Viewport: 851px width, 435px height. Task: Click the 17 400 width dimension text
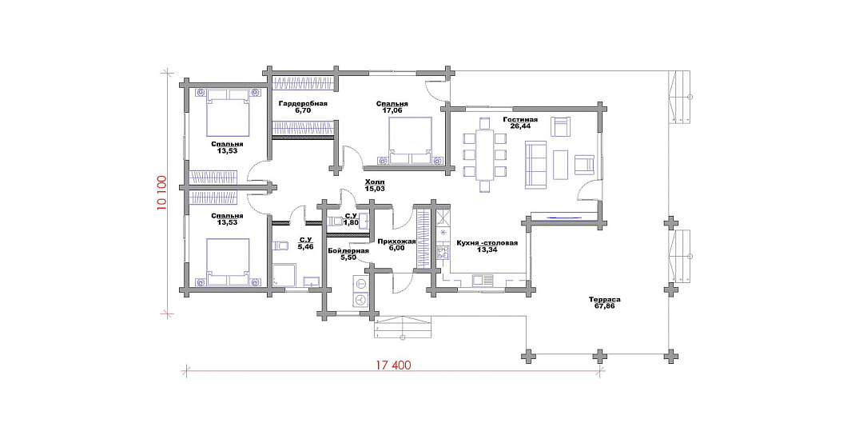pyautogui.click(x=393, y=365)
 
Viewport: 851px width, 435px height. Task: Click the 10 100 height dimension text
pyautogui.click(x=161, y=192)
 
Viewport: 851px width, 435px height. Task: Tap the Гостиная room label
pyautogui.click(x=520, y=119)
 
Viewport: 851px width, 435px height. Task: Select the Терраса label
pyautogui.click(x=605, y=299)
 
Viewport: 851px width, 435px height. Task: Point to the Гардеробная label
pyautogui.click(x=303, y=103)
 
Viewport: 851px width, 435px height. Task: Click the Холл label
pyautogui.click(x=374, y=182)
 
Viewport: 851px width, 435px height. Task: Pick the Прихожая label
pyautogui.click(x=397, y=241)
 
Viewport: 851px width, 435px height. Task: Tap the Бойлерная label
pyautogui.click(x=348, y=251)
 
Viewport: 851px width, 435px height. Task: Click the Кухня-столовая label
pyautogui.click(x=487, y=243)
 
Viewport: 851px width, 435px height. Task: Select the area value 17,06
pyautogui.click(x=392, y=110)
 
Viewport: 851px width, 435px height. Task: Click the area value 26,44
pyautogui.click(x=520, y=126)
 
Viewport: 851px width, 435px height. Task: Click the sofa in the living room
pyautogui.click(x=535, y=164)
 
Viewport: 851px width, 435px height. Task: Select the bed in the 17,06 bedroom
pyautogui.click(x=410, y=142)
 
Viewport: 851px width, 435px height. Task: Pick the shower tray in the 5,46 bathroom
pyautogui.click(x=284, y=275)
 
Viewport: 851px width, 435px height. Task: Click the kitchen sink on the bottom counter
pyautogui.click(x=480, y=281)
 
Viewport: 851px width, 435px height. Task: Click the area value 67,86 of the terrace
pyautogui.click(x=605, y=305)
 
